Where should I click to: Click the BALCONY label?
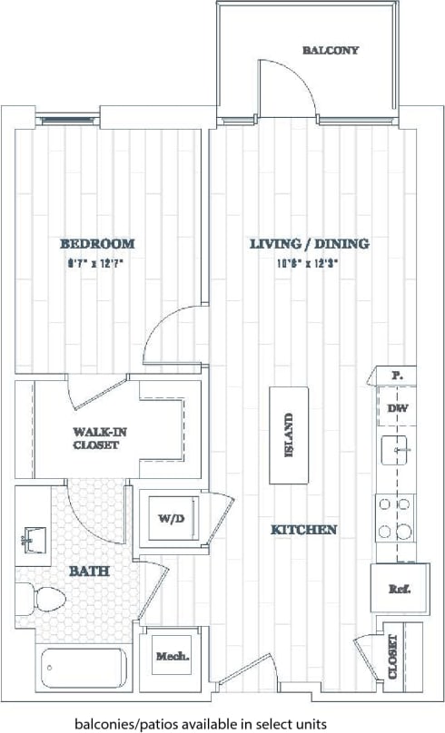coord(330,51)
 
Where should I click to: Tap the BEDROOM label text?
coord(97,243)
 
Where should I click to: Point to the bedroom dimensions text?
coord(97,264)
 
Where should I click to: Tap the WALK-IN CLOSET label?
coord(100,438)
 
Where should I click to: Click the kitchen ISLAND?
coord(288,436)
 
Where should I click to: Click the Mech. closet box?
coord(172,656)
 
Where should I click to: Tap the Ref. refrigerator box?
coord(400,589)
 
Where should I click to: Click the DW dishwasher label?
coord(398,408)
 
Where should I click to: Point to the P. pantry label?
coord(397,375)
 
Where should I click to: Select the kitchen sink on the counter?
coord(398,448)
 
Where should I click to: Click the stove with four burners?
coord(396,517)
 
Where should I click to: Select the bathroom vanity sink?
coord(35,538)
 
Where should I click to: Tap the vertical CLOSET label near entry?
coord(393,654)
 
